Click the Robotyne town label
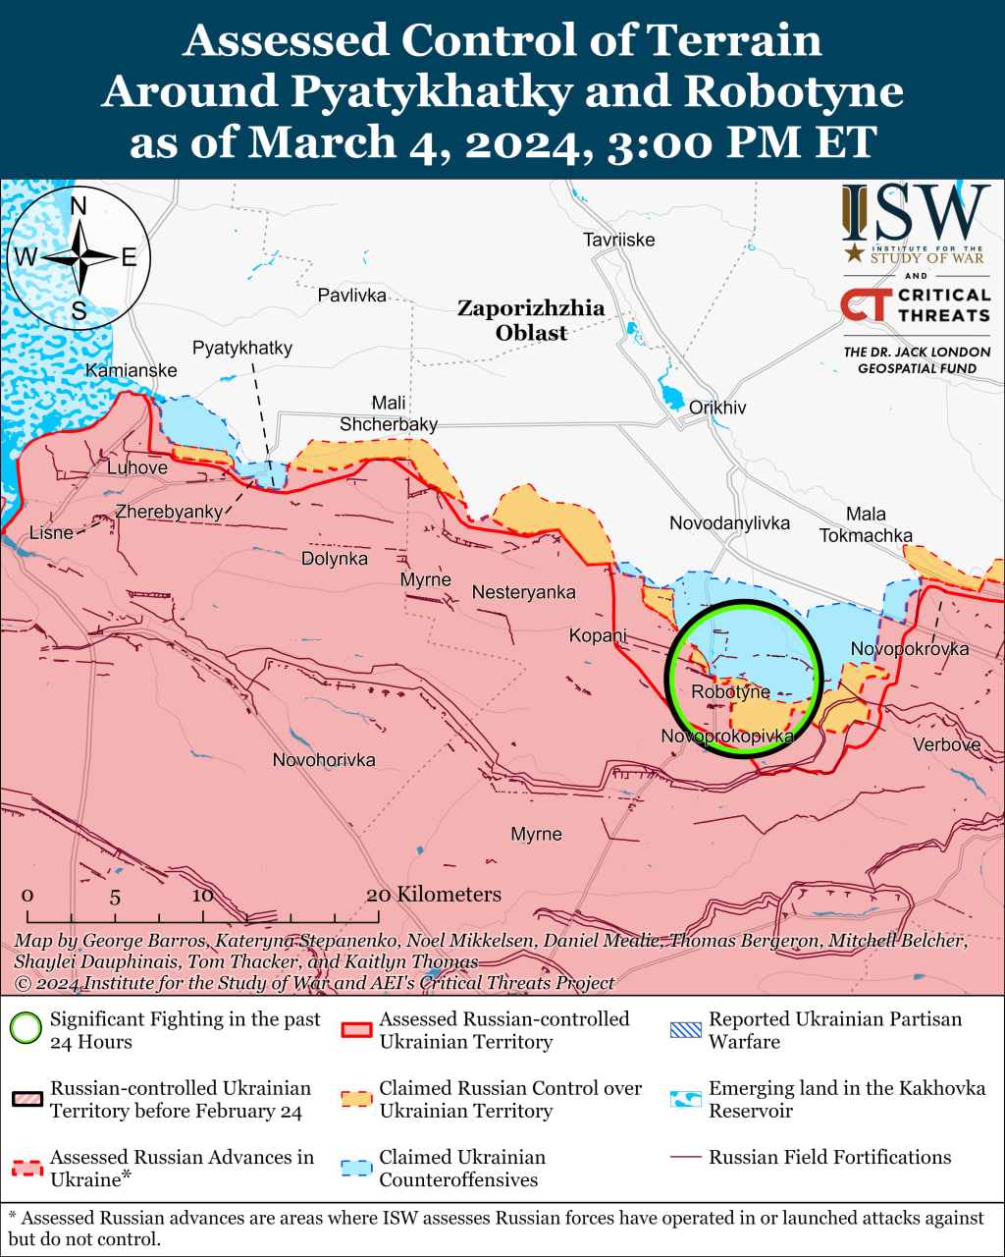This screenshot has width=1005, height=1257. coord(730,692)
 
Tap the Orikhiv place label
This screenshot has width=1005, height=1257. coord(717,408)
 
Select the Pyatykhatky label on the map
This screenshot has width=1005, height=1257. coord(242,349)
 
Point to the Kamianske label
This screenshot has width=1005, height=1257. coord(132,370)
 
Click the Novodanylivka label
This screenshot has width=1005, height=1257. coord(729,523)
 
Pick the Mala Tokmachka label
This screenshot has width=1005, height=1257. coord(866,524)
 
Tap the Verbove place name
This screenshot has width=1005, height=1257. coord(946,745)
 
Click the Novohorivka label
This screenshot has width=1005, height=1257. coord(324,760)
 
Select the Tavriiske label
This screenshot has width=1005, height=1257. coord(618,240)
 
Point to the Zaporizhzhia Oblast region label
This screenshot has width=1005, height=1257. coord(531,320)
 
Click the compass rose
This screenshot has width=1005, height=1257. coord(79,258)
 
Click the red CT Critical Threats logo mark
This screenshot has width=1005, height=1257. coord(866,305)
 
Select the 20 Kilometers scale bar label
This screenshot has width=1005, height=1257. coord(434,895)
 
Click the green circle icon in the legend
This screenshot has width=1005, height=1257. coord(26,1029)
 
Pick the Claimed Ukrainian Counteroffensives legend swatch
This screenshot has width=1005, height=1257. coord(356,1168)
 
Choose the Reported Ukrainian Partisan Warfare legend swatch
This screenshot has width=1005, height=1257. coord(686,1029)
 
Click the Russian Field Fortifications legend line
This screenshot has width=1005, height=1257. coord(686,1158)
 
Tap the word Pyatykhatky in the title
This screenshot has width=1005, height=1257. coord(432,91)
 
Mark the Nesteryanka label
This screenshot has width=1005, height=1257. coord(523,592)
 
